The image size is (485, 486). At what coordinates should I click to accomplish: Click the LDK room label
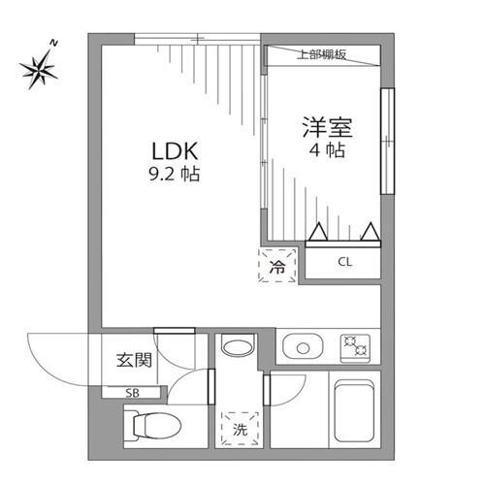pyautogui.click(x=175, y=151)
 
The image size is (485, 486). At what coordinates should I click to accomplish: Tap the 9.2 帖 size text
pyautogui.click(x=175, y=174)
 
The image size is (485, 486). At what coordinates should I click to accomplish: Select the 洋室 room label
pyautogui.click(x=327, y=127)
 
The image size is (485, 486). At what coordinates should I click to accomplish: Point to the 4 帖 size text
pyautogui.click(x=327, y=150)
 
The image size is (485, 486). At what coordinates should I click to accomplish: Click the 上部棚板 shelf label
pyautogui.click(x=321, y=54)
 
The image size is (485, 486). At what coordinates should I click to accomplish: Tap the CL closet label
pyautogui.click(x=344, y=262)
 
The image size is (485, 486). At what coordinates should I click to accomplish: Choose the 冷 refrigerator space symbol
pyautogui.click(x=277, y=266)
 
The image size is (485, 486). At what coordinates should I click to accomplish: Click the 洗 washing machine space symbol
pyautogui.click(x=240, y=429)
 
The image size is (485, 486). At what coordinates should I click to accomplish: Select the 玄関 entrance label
pyautogui.click(x=134, y=360)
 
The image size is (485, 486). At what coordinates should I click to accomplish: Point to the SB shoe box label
pyautogui.click(x=132, y=393)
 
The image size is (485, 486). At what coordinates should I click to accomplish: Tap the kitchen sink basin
pyautogui.click(x=303, y=348)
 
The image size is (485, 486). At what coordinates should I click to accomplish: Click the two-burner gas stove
pyautogui.click(x=355, y=348)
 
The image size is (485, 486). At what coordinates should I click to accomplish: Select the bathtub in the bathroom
pyautogui.click(x=354, y=410)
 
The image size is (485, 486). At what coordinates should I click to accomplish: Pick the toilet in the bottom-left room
pyautogui.click(x=152, y=426)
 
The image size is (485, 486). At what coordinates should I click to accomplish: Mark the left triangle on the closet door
pyautogui.click(x=318, y=232)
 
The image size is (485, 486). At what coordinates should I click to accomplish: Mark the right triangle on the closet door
pyautogui.click(x=371, y=232)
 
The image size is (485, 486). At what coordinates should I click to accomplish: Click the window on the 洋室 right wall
pyautogui.click(x=388, y=141)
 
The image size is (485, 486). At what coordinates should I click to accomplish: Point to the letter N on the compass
pyautogui.click(x=54, y=43)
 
